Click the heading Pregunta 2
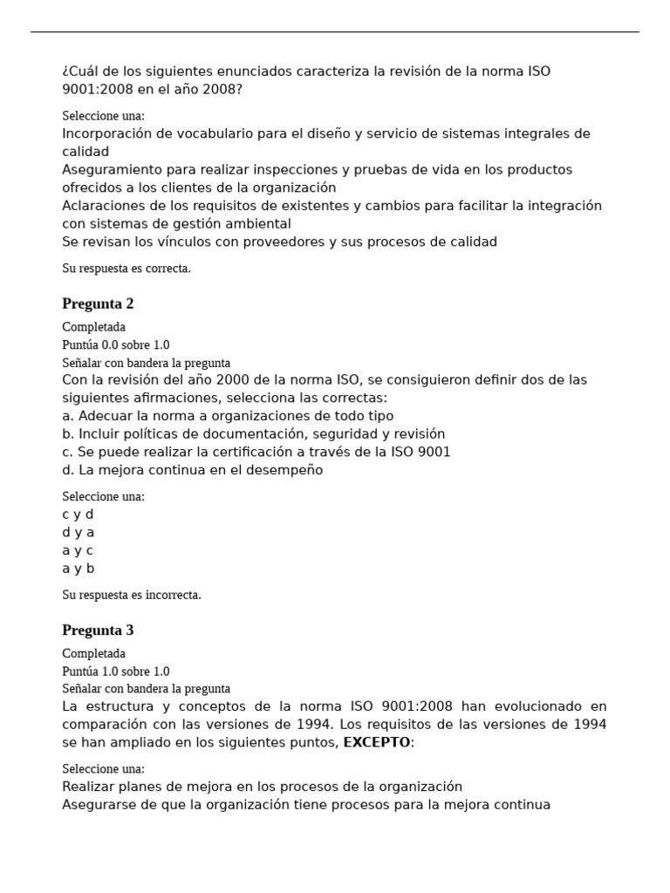[x=98, y=303]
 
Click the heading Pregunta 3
[x=98, y=630]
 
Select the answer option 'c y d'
[x=78, y=515]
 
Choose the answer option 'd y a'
[x=78, y=532]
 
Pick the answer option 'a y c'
[x=78, y=550]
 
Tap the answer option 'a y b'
[x=78, y=569]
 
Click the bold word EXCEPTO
[x=376, y=742]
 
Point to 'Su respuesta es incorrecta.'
[x=132, y=595]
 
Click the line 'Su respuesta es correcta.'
[x=126, y=268]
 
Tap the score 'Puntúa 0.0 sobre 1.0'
[x=116, y=344]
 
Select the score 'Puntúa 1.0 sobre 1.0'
[x=116, y=671]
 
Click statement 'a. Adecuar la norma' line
[x=228, y=416]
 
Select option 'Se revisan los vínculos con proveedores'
[x=279, y=242]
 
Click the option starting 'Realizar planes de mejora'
[x=262, y=787]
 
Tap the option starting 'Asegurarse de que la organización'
[x=305, y=805]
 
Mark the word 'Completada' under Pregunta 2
[x=93, y=327]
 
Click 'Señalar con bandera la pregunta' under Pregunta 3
[x=146, y=689]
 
